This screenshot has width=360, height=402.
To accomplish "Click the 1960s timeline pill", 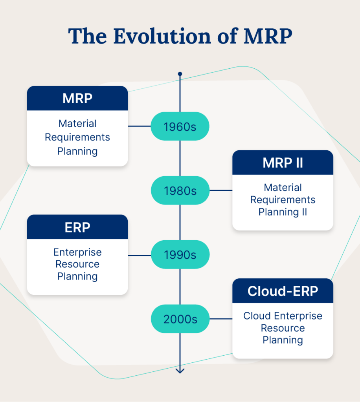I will coord(180,127).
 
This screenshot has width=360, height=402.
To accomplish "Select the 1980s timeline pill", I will coord(180,191).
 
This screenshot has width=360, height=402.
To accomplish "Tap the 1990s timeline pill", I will coord(180,255).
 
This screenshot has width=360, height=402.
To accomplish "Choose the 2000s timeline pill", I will coord(180,319).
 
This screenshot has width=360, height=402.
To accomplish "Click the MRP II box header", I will coord(283,163).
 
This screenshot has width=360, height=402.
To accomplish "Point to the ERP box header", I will coord(77,227).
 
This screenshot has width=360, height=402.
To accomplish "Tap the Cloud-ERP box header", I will coord(283,291).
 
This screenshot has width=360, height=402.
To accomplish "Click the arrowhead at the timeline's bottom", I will coord(180,370).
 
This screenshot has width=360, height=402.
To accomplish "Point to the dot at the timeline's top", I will coord(180,74).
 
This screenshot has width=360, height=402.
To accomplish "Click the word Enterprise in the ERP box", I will coord(77,252).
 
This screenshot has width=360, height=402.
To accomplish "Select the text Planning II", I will coord(283,212).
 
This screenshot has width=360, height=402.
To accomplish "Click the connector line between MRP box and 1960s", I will coord(140,126).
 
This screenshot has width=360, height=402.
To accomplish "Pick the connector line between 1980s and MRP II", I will coord(220,191).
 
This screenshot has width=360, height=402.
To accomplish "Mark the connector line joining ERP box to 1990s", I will coord(140,255).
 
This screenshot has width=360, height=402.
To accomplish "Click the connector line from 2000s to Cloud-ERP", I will coord(220,319).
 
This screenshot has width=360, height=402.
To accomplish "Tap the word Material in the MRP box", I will coord(77,124).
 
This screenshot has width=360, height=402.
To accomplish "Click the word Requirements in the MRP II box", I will coord(283,200).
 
